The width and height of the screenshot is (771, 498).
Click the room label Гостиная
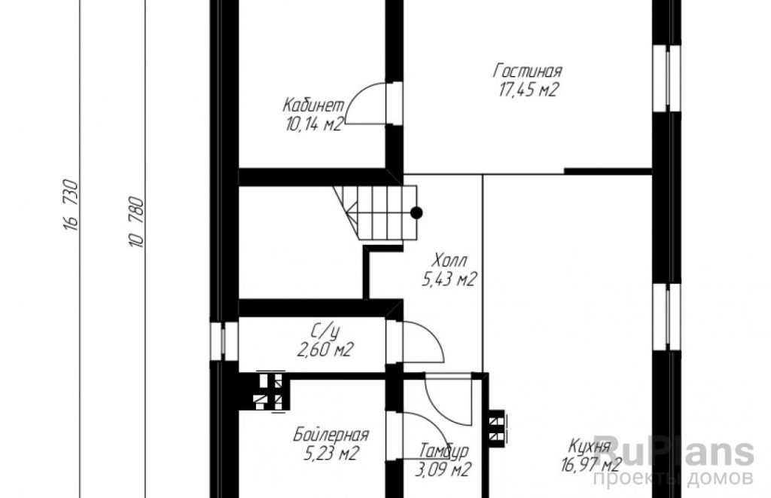click(527, 71)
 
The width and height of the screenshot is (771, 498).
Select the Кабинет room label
click(314, 105)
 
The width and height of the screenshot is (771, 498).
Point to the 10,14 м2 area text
click(314, 124)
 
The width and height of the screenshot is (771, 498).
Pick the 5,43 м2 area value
click(449, 280)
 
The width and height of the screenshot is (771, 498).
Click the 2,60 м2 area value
click(325, 350)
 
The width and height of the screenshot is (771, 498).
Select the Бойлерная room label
click(331, 435)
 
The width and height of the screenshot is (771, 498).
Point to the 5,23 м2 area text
click(331, 454)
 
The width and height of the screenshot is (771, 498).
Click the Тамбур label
click(443, 451)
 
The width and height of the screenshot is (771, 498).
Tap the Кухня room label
click(589, 447)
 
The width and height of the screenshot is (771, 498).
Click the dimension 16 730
click(71, 205)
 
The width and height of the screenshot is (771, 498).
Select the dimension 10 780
click(136, 222)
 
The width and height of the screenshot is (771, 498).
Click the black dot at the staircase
click(416, 212)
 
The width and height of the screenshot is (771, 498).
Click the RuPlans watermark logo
click(673, 451)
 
